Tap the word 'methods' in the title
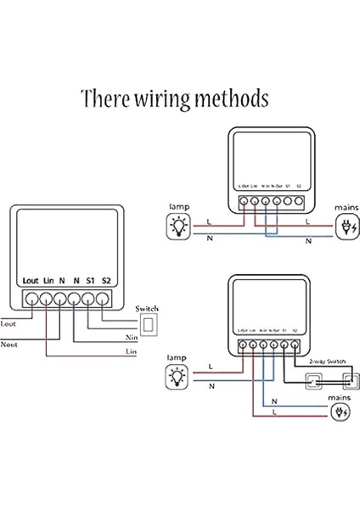click(227, 99)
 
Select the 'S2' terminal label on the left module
click(106, 280)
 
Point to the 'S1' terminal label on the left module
click(89, 280)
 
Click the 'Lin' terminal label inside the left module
click(49, 280)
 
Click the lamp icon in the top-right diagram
click(179, 225)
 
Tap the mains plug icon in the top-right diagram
click(346, 225)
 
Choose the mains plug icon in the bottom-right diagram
click(340, 413)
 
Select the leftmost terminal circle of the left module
click(31, 299)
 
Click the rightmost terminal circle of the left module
click(104, 299)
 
